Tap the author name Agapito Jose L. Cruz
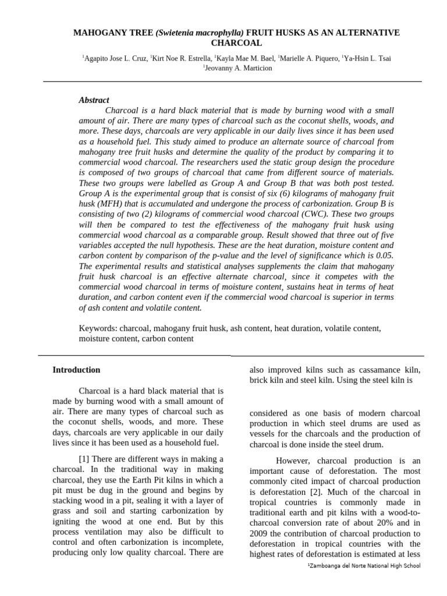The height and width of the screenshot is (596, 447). [x=115, y=58]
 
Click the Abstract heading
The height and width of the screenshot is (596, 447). [x=94, y=100]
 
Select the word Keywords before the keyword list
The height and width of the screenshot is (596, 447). [x=97, y=328]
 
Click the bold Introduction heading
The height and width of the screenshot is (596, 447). [x=76, y=370]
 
